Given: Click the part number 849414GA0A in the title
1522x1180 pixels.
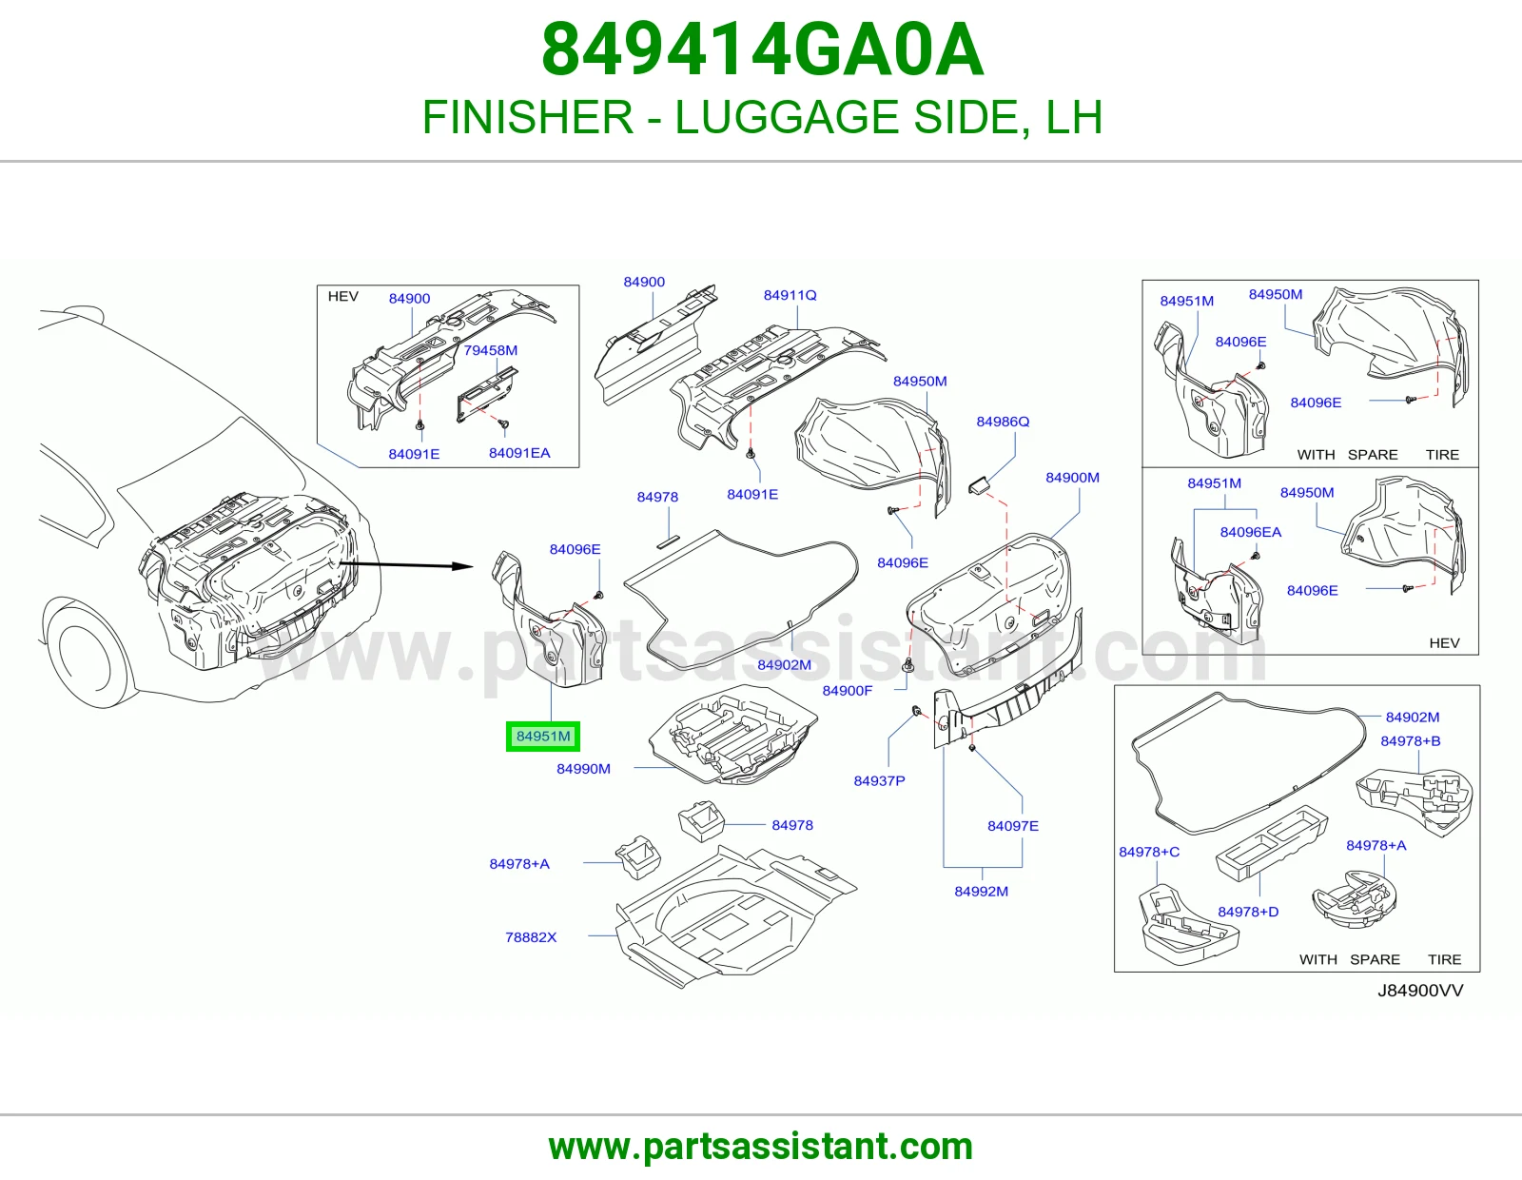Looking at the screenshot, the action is pyautogui.click(x=763, y=49).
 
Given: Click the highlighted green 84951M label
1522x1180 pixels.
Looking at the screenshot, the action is pyautogui.click(x=543, y=737).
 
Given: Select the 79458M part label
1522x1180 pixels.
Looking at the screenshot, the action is pyautogui.click(x=490, y=350).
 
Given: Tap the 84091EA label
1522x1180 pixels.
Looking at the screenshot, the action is pyautogui.click(x=519, y=453).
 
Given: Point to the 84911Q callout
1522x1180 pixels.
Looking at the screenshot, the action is pyautogui.click(x=790, y=295).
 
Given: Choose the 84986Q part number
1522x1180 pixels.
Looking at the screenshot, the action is pyautogui.click(x=1003, y=422).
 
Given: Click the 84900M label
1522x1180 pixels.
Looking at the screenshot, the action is pyautogui.click(x=1072, y=477).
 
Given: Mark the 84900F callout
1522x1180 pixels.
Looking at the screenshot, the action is pyautogui.click(x=848, y=690).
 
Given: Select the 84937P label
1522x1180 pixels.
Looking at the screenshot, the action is pyautogui.click(x=879, y=780).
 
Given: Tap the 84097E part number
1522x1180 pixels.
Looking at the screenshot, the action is pyautogui.click(x=1013, y=825).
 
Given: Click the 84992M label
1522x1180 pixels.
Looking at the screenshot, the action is pyautogui.click(x=982, y=892).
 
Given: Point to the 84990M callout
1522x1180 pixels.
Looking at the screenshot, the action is pyautogui.click(x=583, y=769).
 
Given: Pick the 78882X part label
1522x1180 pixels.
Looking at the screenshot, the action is pyautogui.click(x=531, y=936).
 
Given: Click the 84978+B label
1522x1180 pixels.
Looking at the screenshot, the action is pyautogui.click(x=1411, y=740).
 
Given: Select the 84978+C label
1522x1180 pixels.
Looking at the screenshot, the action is pyautogui.click(x=1149, y=852).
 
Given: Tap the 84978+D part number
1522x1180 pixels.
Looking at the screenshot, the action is pyautogui.click(x=1248, y=912).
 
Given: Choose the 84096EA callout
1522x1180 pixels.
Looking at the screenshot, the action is pyautogui.click(x=1251, y=532).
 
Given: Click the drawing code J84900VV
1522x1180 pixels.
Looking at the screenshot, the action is pyautogui.click(x=1420, y=990).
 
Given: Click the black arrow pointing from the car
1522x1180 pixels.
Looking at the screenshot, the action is pyautogui.click(x=407, y=564).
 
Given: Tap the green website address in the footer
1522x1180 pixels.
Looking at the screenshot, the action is pyautogui.click(x=761, y=1147).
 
